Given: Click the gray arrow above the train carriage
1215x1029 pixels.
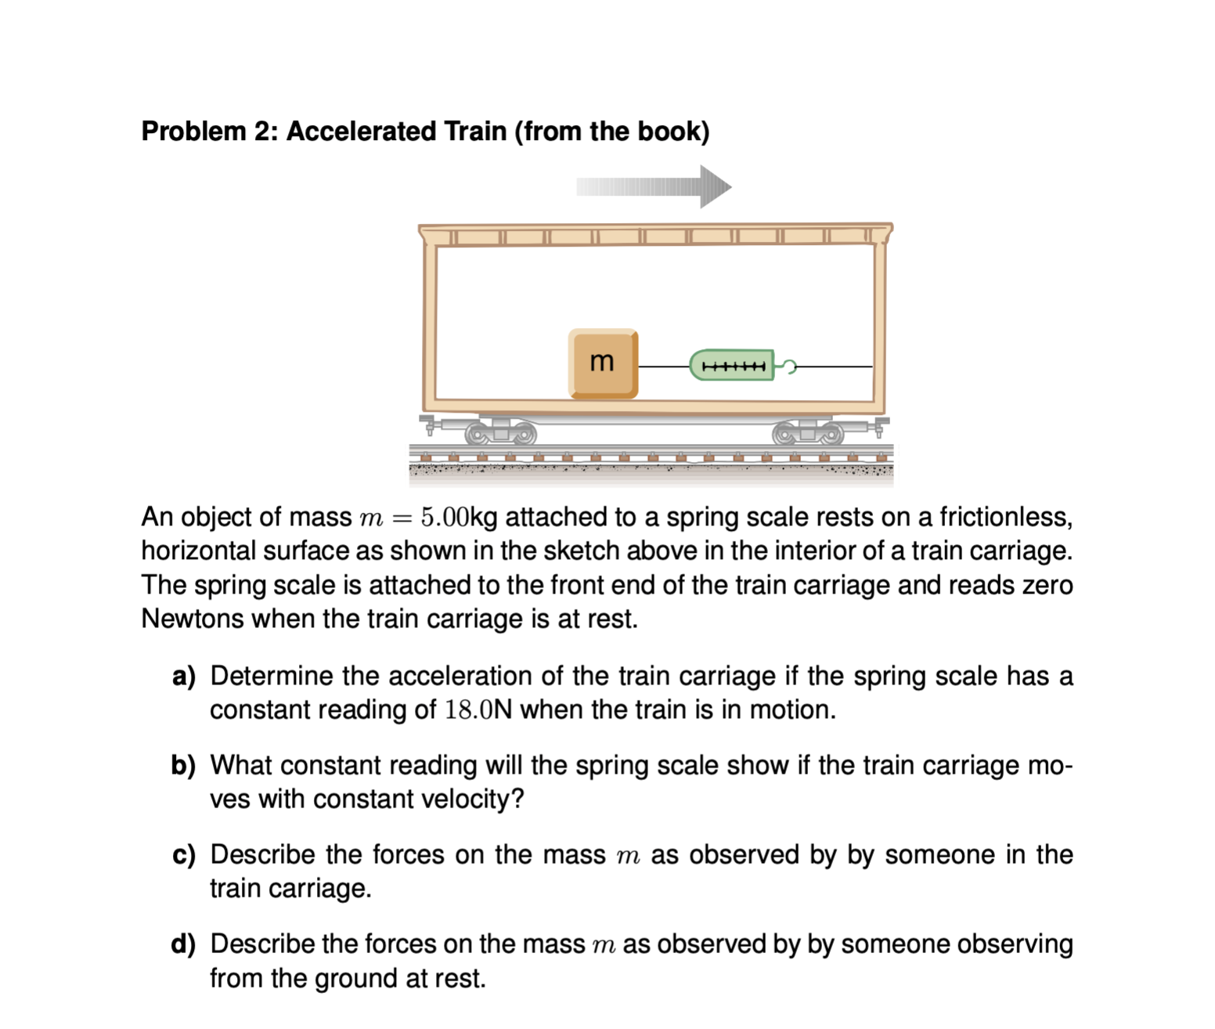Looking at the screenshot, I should coord(654,186).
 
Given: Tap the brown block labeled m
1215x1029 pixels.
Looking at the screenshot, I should coord(603,363).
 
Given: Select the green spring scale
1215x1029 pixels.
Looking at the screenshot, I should coord(731,365).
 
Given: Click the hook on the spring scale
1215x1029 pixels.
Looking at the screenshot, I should coord(788,366).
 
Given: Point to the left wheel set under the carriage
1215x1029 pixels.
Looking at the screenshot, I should coord(501,432).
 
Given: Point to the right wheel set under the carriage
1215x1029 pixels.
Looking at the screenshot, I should coord(809,432).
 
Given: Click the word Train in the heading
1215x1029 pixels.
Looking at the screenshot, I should coord(475,131).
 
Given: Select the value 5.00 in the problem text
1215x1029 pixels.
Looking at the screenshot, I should coord(445,517).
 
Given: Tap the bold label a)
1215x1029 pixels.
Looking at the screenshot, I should coord(184,676).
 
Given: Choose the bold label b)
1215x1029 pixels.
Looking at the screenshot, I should coord(184,765).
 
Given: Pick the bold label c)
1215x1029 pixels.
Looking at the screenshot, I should coord(184,854).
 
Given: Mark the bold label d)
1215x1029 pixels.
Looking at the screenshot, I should coord(184,944).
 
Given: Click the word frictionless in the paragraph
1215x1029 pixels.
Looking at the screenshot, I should coord(1005,517).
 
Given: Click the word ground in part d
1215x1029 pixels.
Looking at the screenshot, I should coord(357,978).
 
